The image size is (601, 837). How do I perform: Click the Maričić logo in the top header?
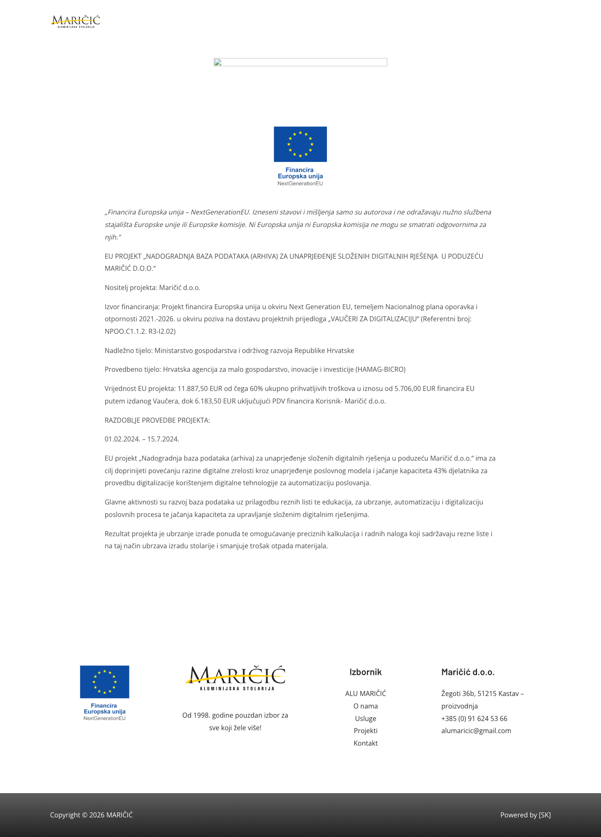76,21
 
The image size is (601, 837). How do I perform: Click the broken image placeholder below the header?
300,62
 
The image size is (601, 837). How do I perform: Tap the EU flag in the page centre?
300,144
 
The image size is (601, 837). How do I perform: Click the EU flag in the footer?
104,682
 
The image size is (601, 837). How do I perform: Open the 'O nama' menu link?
365,706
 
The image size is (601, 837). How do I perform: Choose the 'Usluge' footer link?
365,719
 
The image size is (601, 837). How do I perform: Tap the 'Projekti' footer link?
365,731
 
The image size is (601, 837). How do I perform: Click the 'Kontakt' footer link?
365,743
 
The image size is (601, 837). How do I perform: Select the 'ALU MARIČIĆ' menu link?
365,693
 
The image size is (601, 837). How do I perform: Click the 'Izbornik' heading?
365,672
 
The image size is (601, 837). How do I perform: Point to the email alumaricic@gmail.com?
476,731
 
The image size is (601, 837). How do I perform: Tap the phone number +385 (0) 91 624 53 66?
474,719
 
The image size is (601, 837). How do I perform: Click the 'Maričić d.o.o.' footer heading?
467,672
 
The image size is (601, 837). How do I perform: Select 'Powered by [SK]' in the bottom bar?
525,815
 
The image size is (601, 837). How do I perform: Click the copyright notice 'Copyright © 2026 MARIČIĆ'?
91,815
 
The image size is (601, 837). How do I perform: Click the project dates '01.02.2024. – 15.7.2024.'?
142,439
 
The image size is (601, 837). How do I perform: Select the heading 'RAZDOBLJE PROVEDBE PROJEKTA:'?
157,420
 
